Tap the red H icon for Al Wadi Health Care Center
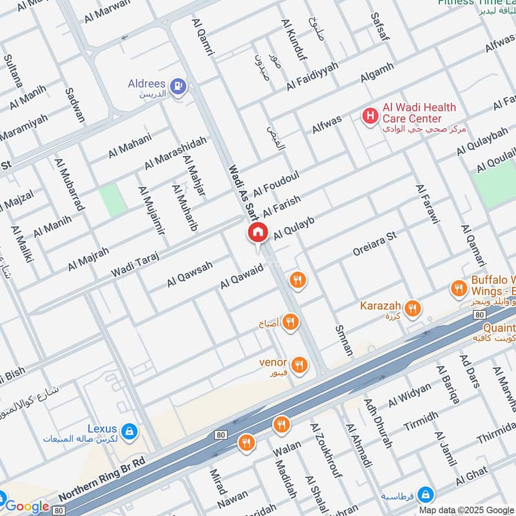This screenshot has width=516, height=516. pyautogui.click(x=370, y=116)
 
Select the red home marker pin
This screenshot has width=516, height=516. pyautogui.click(x=257, y=233)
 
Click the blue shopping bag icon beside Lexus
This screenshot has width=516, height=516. pyautogui.click(x=130, y=430)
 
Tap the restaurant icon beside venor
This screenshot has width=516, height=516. pyautogui.click(x=299, y=365)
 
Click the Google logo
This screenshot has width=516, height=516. pyautogui.click(x=27, y=506)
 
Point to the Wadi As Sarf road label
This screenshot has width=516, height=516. pyautogui.click(x=243, y=192)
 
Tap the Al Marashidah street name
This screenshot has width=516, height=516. pyautogui.click(x=175, y=153)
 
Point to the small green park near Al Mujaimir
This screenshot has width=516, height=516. pyautogui.click(x=112, y=200)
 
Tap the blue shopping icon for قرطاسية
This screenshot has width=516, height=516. pyautogui.click(x=425, y=495)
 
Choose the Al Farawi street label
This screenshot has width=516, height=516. pyautogui.click(x=428, y=204)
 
